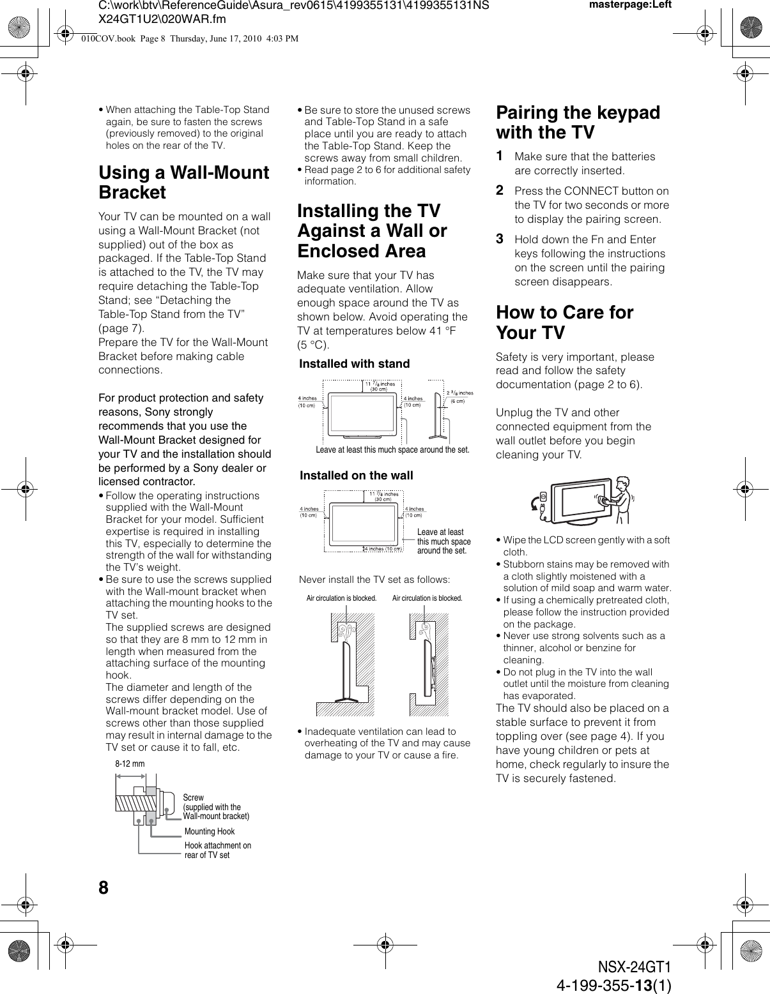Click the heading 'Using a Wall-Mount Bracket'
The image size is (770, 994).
tap(183, 183)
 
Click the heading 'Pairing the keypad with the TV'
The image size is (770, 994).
tap(578, 123)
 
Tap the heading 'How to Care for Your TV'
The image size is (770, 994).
tap(564, 322)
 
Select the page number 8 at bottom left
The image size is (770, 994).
tap(104, 888)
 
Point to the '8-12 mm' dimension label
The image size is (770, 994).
tap(130, 764)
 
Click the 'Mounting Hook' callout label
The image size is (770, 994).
tap(209, 831)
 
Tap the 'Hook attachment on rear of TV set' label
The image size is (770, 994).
tap(217, 850)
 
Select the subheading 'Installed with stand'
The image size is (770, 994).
tap(355, 364)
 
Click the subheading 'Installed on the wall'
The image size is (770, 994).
tap(357, 476)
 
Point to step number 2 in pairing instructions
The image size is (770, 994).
tap(500, 190)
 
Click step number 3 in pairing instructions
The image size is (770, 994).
tap(500, 239)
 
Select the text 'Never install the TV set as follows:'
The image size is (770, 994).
tap(374, 580)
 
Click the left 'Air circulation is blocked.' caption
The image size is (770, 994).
tap(341, 598)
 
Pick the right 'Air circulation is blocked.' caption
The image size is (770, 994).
tap(427, 598)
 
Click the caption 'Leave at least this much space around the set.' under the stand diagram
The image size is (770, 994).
tap(392, 450)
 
